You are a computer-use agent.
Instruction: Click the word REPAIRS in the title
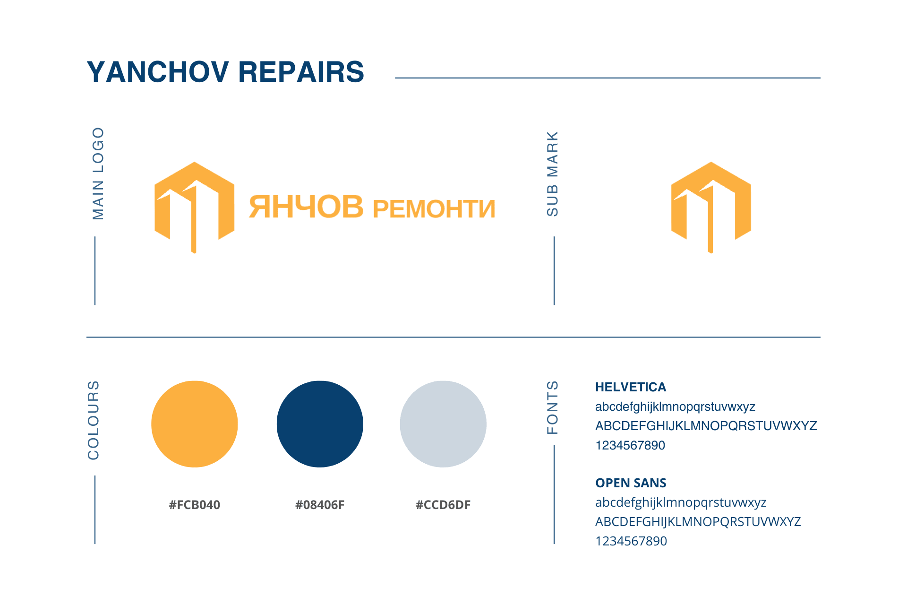(301, 72)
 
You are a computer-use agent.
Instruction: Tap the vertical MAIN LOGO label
(98, 173)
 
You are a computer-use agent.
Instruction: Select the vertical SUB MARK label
(552, 174)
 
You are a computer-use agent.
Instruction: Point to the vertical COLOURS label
(94, 420)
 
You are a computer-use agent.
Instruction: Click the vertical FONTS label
(552, 407)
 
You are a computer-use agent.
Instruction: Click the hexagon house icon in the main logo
(195, 207)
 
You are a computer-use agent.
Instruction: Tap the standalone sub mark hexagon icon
(711, 207)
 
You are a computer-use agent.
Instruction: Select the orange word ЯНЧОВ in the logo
(306, 207)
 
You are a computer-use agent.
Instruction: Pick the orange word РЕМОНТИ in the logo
(434, 209)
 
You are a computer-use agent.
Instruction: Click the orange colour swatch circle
(195, 424)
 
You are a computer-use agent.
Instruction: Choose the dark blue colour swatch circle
(320, 424)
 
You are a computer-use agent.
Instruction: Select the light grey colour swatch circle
(443, 424)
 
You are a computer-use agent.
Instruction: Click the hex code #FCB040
(195, 505)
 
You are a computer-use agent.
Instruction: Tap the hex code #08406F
(320, 505)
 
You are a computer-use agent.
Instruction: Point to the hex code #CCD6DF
(443, 505)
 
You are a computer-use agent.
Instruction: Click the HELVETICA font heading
(631, 387)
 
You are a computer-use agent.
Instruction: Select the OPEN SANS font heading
(631, 483)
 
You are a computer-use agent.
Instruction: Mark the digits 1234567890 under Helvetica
(630, 445)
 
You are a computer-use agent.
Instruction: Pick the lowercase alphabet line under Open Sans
(681, 503)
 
